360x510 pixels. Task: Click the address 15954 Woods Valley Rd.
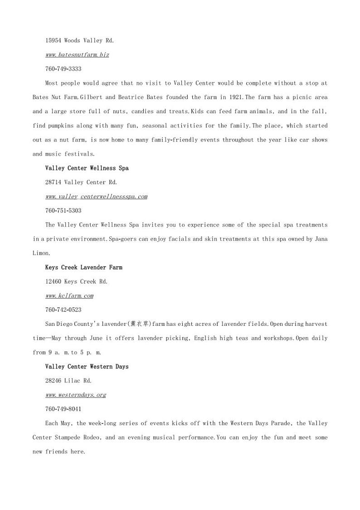coord(79,40)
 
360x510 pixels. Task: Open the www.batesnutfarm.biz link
coord(77,55)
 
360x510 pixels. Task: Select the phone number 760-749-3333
coord(63,69)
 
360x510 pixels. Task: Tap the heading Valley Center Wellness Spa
coord(87,168)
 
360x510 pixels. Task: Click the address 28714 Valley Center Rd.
coord(81,182)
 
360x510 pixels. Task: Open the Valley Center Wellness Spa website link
coord(96,196)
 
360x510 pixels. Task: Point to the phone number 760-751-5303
coord(63,211)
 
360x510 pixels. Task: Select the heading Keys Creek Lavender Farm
coord(83,267)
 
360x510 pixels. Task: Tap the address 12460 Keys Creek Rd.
coord(76,281)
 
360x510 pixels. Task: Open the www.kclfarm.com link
coord(69,296)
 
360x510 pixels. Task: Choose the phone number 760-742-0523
coord(63,310)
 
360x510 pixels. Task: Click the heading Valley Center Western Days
coord(87,366)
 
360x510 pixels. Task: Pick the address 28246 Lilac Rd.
coord(68,381)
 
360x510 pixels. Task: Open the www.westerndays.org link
coord(76,395)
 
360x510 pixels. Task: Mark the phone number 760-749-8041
coord(63,409)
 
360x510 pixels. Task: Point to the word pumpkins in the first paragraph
coord(62,126)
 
